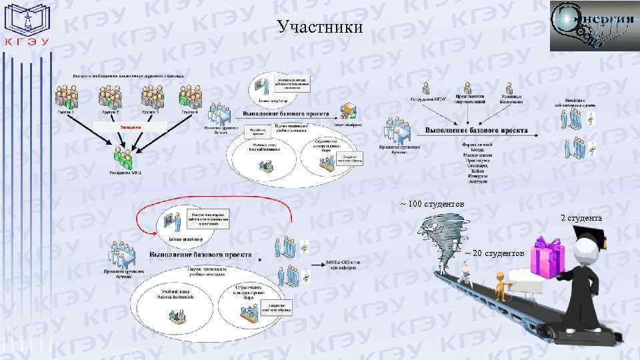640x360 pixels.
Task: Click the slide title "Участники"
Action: point(320,27)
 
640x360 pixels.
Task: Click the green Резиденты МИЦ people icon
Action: point(123,157)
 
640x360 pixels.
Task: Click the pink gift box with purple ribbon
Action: point(549,257)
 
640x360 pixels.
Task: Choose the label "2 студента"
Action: point(581,218)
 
